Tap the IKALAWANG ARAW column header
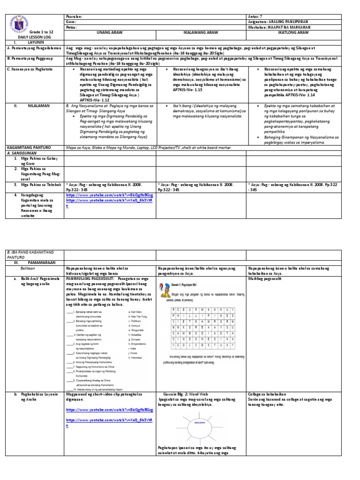[200, 32]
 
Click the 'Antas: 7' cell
[255, 16]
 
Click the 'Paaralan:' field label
[75, 16]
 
